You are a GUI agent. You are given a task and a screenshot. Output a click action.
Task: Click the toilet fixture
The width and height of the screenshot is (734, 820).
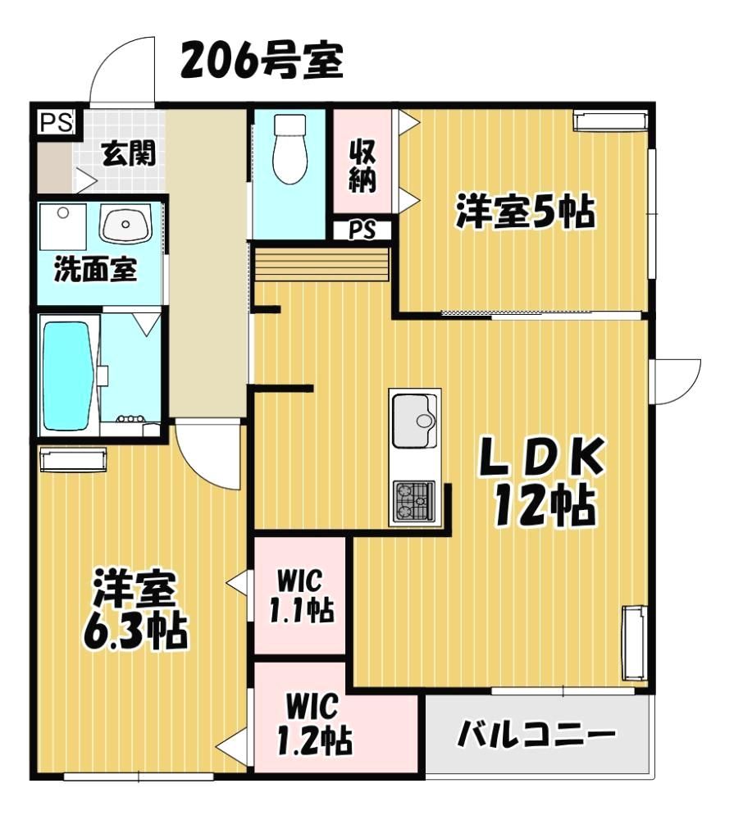tap(289, 148)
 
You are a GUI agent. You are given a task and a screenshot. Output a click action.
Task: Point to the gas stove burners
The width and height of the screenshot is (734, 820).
tap(414, 501)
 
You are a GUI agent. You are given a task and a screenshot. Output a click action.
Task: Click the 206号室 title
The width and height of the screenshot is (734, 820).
tap(262, 61)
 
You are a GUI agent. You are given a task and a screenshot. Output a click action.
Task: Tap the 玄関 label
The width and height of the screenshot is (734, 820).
tap(129, 153)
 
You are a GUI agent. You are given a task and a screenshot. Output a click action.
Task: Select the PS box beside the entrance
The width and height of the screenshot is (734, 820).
tap(57, 124)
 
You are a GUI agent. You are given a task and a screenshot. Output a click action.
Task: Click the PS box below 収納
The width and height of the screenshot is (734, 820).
tap(362, 230)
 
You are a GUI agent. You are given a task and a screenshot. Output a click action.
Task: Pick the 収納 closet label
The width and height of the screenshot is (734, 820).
tap(362, 166)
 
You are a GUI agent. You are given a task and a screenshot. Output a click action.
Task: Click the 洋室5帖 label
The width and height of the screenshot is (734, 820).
tap(525, 212)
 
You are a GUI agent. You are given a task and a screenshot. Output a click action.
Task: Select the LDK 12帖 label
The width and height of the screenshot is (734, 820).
tap(543, 481)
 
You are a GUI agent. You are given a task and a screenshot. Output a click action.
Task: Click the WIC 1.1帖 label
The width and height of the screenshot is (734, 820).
tap(301, 596)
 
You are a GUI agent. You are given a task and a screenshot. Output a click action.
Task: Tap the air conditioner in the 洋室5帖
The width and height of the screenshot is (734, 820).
tap(610, 121)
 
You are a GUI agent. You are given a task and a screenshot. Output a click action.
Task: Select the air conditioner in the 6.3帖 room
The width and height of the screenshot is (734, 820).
tap(73, 460)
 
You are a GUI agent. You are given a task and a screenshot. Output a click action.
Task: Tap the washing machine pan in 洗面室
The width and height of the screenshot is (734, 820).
tap(63, 227)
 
